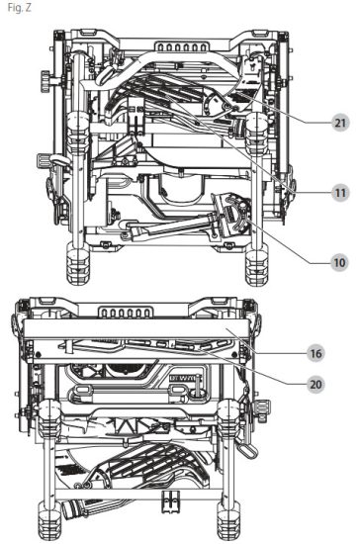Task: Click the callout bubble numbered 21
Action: tap(340, 123)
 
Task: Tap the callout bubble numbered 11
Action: tap(340, 193)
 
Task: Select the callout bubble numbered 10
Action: tap(339, 263)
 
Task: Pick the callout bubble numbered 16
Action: tap(315, 353)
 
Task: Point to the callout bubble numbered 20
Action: tap(315, 384)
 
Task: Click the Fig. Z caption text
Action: tap(20, 8)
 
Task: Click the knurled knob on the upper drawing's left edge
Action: tap(45, 81)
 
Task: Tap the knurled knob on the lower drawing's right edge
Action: tap(263, 410)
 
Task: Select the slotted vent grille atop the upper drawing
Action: tap(181, 46)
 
